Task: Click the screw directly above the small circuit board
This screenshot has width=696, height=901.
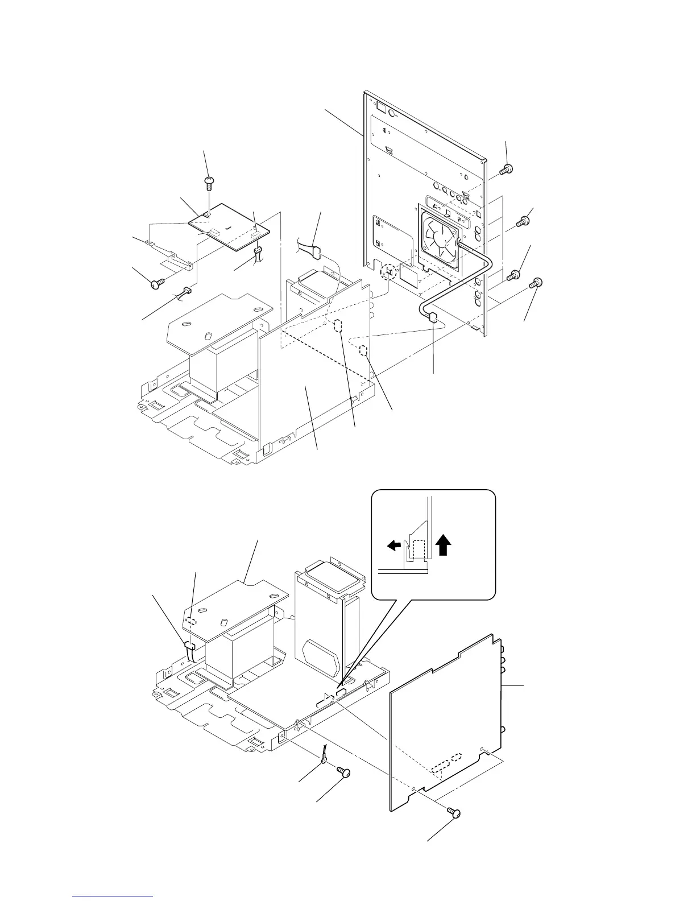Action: (209, 182)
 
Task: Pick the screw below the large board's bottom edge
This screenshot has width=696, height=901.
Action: (454, 815)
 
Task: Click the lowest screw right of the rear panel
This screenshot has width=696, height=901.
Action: (536, 283)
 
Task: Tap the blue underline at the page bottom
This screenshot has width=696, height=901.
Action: (113, 897)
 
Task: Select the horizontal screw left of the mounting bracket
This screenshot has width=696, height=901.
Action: (158, 282)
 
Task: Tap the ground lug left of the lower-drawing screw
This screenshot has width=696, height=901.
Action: (324, 757)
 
